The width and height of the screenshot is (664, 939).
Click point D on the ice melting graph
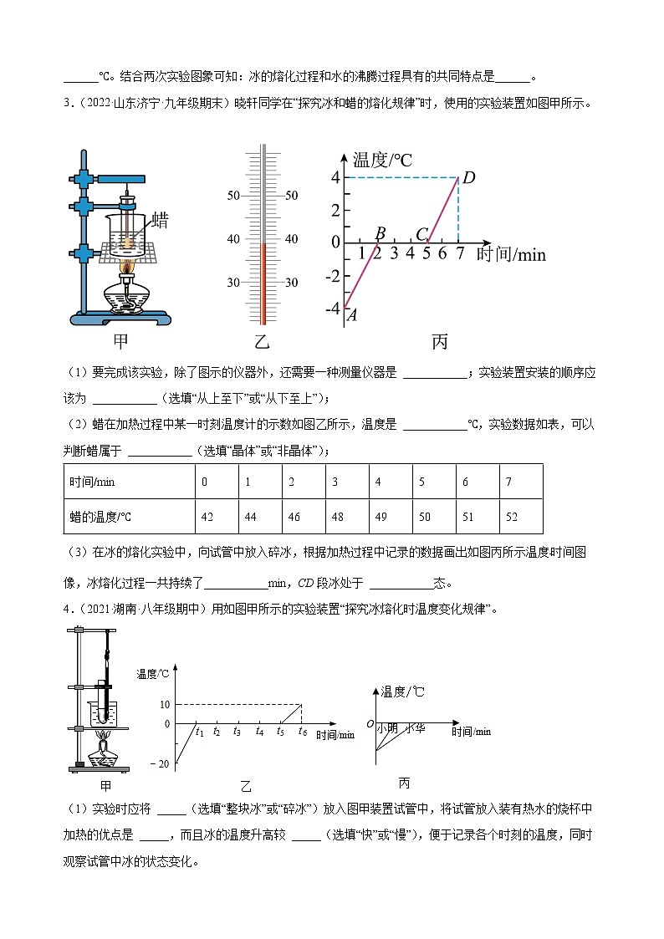coord(468,177)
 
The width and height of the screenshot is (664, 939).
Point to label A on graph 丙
coord(352,315)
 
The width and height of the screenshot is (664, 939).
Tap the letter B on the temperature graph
coord(380,233)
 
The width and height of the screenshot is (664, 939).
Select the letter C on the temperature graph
coord(421,234)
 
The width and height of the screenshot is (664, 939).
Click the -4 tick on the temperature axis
coord(333,308)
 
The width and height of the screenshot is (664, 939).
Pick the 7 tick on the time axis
coord(459,253)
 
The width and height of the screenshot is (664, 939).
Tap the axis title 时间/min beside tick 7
coord(511,254)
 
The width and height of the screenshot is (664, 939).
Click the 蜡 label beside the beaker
coord(160,221)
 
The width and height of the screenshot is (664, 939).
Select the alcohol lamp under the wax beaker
coord(126,293)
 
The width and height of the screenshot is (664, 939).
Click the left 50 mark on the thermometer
coord(233,196)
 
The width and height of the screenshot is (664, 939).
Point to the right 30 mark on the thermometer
coord(292,283)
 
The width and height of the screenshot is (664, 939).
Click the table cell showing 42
coord(207,517)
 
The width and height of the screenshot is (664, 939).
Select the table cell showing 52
coord(512,517)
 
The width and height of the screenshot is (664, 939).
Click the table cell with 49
coord(381,517)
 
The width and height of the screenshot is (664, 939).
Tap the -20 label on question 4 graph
coord(160,764)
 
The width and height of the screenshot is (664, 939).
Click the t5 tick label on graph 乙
coord(280,732)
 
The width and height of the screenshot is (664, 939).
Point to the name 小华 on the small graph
coord(416,728)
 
